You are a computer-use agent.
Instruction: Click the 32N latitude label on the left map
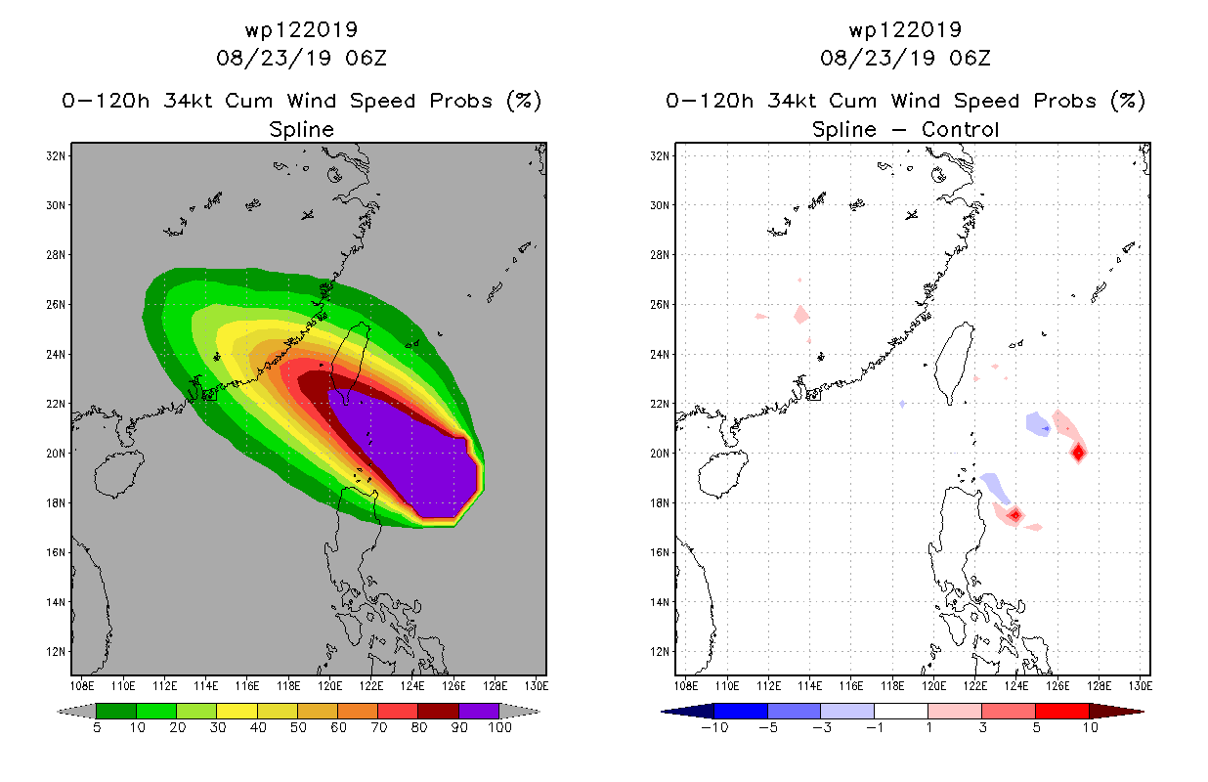click(56, 156)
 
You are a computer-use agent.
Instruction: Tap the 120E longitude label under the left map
click(329, 686)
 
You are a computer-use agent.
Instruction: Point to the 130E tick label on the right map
click(1140, 686)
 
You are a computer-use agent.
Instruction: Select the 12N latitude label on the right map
click(660, 651)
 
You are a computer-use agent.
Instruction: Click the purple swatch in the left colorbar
click(479, 711)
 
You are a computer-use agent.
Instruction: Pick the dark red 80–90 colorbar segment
click(439, 711)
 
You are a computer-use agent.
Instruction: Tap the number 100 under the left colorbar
click(500, 728)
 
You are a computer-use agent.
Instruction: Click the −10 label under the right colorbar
click(714, 728)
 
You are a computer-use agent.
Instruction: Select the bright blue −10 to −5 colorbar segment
click(741, 711)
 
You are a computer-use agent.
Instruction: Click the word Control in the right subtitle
click(960, 129)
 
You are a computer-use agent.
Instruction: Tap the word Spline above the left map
click(301, 130)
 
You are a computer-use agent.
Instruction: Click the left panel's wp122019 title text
click(301, 29)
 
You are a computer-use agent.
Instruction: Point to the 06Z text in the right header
click(970, 59)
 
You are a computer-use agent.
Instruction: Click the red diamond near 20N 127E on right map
click(1079, 453)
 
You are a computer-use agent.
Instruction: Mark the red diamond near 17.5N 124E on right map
click(1015, 515)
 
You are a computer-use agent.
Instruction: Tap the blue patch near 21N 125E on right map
click(1038, 424)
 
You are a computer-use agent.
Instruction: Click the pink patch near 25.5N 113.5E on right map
click(801, 315)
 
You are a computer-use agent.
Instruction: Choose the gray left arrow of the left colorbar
click(76, 712)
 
